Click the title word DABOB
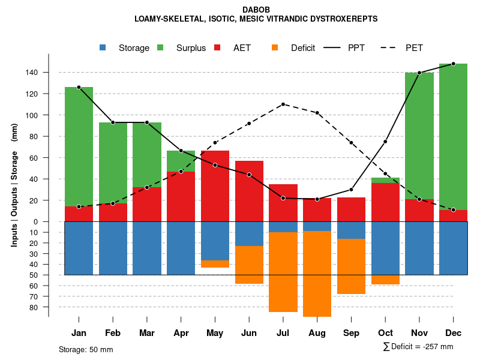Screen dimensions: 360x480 256,10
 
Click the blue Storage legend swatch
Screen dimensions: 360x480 103,47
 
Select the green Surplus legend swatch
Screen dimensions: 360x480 160,47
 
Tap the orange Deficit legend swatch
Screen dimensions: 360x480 275,47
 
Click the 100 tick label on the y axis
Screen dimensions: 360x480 48,115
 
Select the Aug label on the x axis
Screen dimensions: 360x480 317,333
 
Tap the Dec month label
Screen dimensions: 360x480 453,333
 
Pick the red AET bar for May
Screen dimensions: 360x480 215,186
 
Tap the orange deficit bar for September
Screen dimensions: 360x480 351,266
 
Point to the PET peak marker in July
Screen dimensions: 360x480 283,104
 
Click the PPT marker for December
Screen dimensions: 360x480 453,64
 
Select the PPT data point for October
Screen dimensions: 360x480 385,142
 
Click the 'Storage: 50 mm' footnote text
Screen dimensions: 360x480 86,349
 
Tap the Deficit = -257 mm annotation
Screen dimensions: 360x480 418,346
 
